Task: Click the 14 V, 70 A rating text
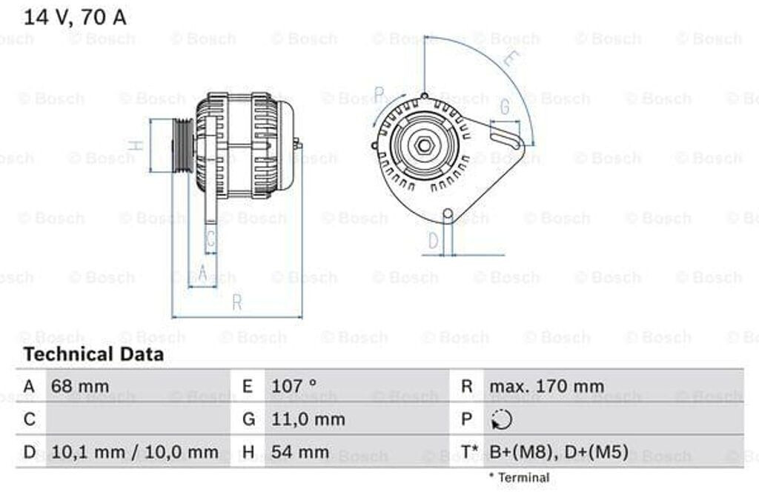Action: tap(75, 18)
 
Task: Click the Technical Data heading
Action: tap(93, 354)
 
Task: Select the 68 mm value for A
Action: tap(80, 386)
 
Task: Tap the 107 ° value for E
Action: tap(294, 386)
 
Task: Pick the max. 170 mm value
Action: tap(546, 386)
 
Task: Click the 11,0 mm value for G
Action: tap(308, 419)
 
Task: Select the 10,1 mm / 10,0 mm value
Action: tap(135, 452)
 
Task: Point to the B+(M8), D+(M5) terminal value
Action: tap(559, 452)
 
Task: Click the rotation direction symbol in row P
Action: tap(501, 419)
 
